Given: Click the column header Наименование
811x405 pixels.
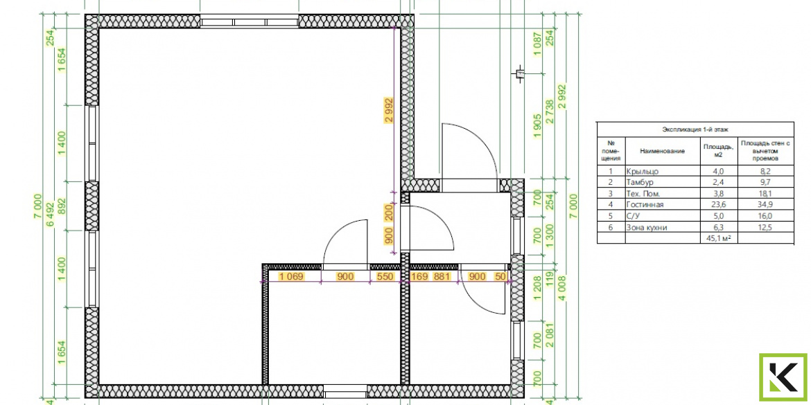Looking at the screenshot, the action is coord(662,151).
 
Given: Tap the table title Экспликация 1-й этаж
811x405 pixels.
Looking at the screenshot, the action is coord(695,129).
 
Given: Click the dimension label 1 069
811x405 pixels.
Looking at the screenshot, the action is coord(290,277).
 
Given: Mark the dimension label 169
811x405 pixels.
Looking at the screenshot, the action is coord(419,277).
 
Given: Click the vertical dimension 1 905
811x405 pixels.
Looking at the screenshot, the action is coord(537,127).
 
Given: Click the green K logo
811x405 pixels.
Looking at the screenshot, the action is coord(783,377).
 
